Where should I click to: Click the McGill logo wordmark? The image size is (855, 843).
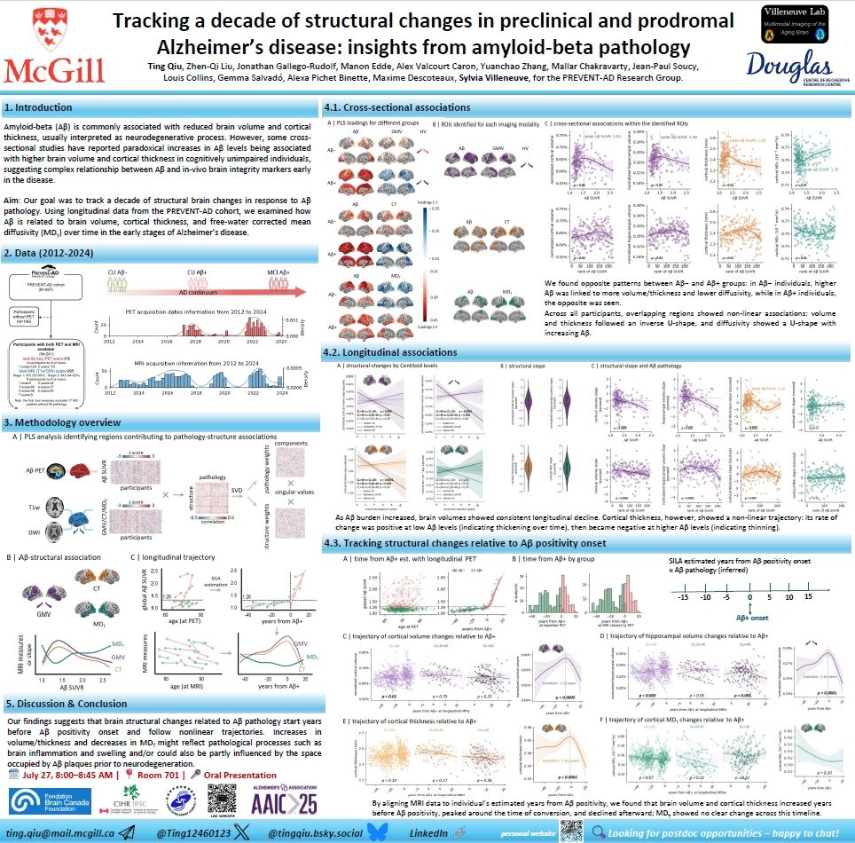click(57, 69)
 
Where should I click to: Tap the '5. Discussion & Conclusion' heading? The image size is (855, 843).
click(69, 704)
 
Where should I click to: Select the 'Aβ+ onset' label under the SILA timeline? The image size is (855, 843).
click(751, 617)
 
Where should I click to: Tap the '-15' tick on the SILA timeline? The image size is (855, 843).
click(682, 596)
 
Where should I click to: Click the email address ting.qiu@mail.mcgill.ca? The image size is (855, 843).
click(60, 833)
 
